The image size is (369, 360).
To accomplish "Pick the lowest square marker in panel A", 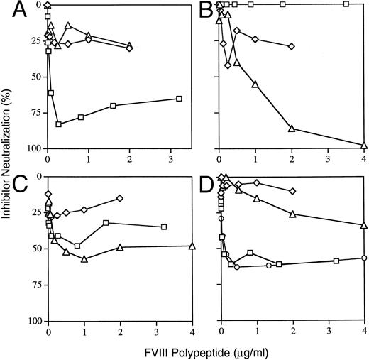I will coord(58,124).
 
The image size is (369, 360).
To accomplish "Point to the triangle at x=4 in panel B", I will coord(364,146).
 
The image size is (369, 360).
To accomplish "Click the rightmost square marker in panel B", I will coord(346,4).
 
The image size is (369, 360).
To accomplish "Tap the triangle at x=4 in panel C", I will coord(192,246).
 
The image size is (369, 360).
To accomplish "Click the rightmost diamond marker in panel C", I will coord(120,198).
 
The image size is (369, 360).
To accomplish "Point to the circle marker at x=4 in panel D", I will coord(364,258).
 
